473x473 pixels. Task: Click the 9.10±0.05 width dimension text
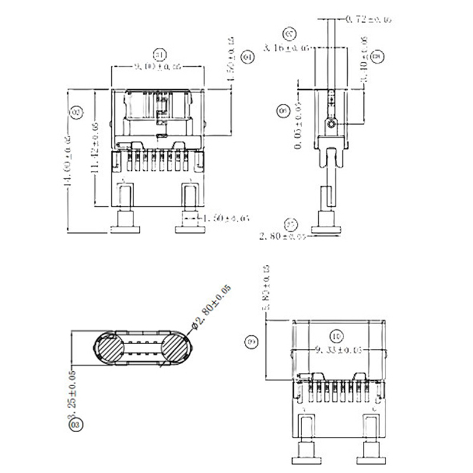click(157, 67)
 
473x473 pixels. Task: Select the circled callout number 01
click(159, 54)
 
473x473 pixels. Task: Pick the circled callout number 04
click(248, 57)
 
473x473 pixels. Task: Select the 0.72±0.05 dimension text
click(369, 20)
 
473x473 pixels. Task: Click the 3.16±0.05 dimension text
click(287, 47)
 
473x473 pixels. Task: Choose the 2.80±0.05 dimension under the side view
click(283, 237)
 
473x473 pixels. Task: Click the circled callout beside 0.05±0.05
click(283, 111)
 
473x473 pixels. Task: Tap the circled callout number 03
click(75, 424)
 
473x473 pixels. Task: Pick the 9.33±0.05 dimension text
click(339, 350)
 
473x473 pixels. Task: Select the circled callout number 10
click(337, 336)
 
